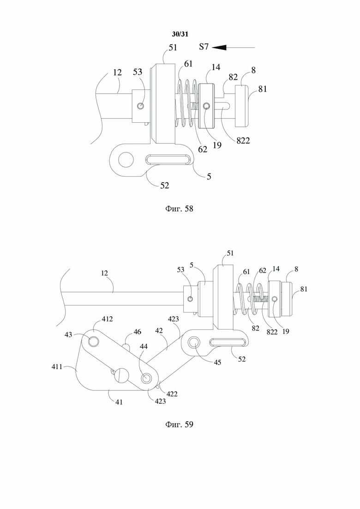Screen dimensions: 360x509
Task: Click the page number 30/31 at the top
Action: (180, 34)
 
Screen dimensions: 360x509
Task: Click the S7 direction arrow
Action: (234, 48)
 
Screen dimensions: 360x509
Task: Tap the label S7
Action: (204, 47)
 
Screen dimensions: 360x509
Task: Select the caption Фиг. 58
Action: (179, 209)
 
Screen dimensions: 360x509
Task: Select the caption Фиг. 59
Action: (179, 424)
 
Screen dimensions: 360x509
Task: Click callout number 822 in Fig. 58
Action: (243, 141)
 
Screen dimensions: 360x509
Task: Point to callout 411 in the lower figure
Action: (57, 367)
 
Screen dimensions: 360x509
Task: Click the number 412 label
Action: (107, 319)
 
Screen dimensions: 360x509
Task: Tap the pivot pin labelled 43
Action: (94, 341)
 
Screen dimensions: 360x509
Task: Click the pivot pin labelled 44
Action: (146, 378)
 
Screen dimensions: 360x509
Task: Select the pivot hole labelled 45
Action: (194, 342)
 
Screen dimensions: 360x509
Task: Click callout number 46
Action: (138, 332)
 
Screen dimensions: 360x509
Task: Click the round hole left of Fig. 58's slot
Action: (126, 159)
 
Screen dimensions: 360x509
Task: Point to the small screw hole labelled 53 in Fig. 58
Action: (141, 106)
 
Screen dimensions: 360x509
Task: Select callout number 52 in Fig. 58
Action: (165, 185)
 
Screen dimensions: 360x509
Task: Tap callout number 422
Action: (172, 394)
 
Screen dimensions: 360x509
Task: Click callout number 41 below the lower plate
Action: (119, 402)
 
